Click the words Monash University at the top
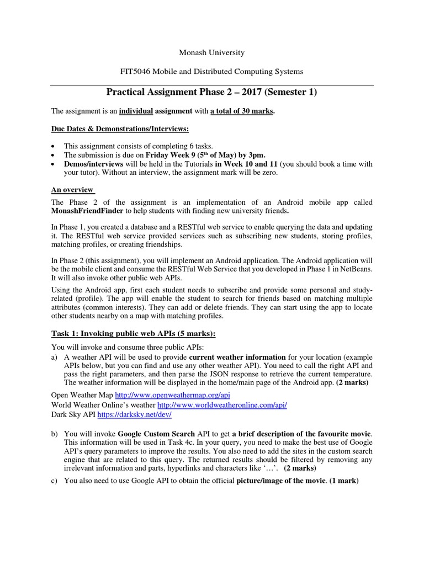[x=211, y=53]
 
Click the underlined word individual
[x=136, y=111]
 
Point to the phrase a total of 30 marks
[x=241, y=111]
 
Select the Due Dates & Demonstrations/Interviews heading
[x=120, y=129]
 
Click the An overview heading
[x=72, y=190]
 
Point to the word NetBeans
[x=358, y=269]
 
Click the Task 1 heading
[x=133, y=334]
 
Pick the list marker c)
[x=55, y=481]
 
